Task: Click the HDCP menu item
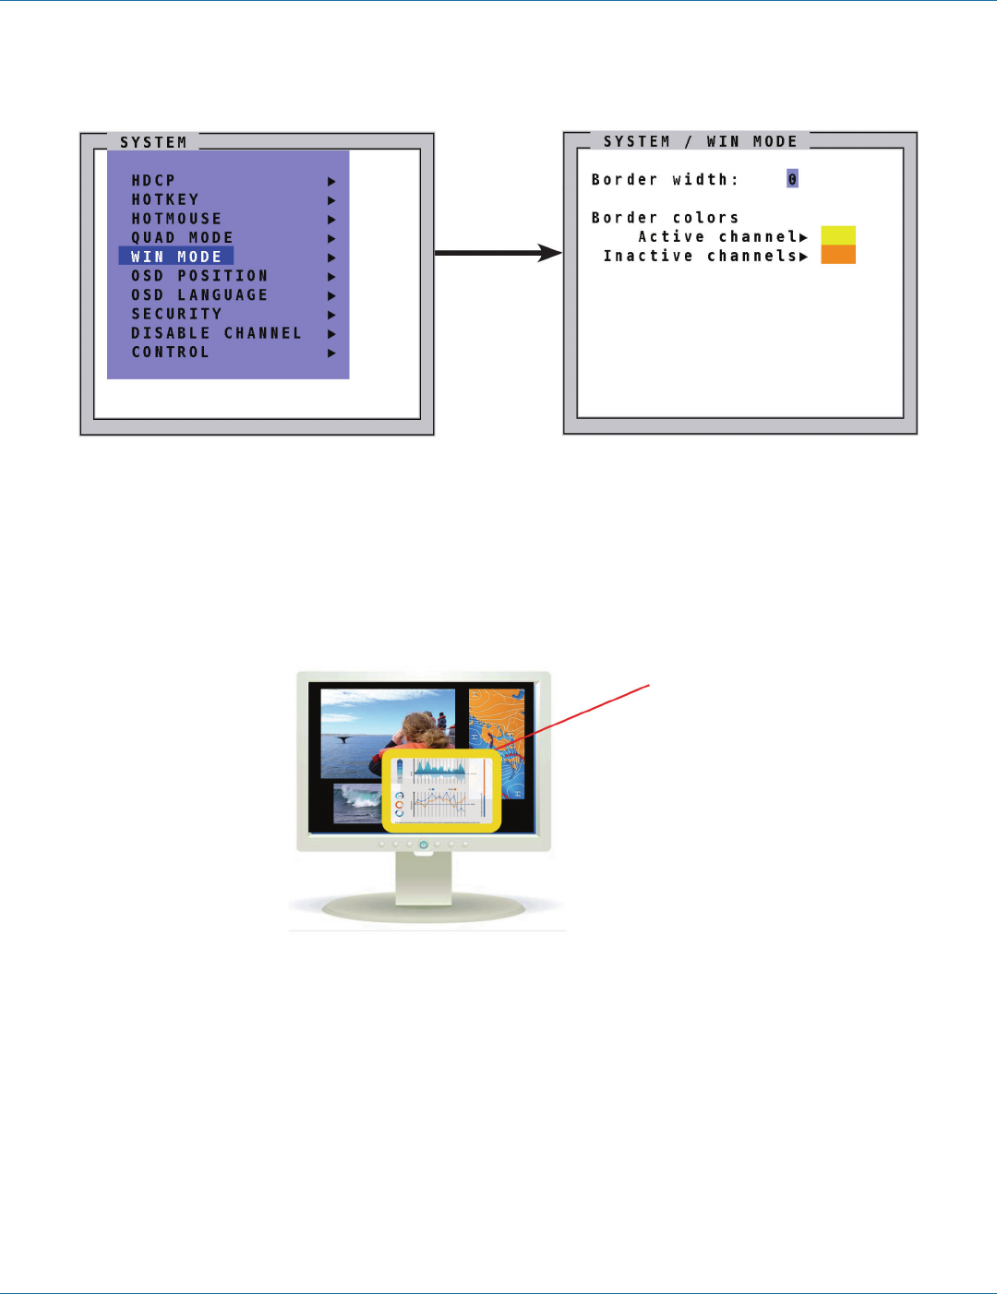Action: pyautogui.click(x=153, y=181)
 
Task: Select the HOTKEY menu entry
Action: pyautogui.click(x=165, y=200)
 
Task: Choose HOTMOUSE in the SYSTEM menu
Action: pyautogui.click(x=176, y=219)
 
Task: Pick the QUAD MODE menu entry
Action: pyautogui.click(x=182, y=238)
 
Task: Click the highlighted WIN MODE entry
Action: pyautogui.click(x=176, y=257)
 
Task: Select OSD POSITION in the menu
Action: pyautogui.click(x=199, y=276)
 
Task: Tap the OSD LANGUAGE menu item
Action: pyautogui.click(x=199, y=295)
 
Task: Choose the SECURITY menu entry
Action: pyautogui.click(x=176, y=314)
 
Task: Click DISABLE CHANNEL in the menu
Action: pyautogui.click(x=216, y=333)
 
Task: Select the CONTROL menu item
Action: pyautogui.click(x=170, y=353)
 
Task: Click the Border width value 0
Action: pyautogui.click(x=792, y=179)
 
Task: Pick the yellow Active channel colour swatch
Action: pyautogui.click(x=838, y=235)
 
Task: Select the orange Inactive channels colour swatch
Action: pyautogui.click(x=838, y=255)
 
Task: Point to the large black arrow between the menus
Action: pyautogui.click(x=498, y=252)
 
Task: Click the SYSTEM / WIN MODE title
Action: pyautogui.click(x=700, y=141)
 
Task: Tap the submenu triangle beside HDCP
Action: pyautogui.click(x=331, y=182)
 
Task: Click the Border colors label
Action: pyautogui.click(x=665, y=218)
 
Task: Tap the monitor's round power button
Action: pyautogui.click(x=423, y=845)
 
